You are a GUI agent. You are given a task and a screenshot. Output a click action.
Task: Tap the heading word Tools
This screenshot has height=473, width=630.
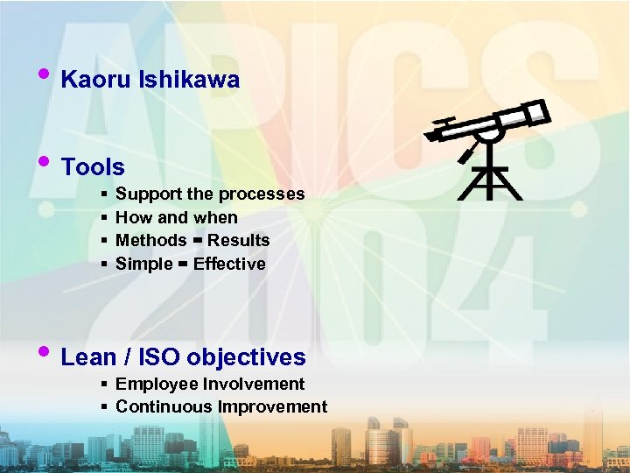click(93, 166)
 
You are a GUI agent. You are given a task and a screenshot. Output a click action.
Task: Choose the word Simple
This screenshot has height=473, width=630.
click(143, 265)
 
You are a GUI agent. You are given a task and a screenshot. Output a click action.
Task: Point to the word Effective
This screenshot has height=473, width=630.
click(229, 264)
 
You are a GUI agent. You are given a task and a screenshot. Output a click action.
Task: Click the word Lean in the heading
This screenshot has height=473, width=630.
click(88, 357)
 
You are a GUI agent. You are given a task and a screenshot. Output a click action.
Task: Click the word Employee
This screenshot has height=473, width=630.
click(153, 385)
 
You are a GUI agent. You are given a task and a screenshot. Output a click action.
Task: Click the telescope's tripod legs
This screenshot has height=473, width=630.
click(491, 180)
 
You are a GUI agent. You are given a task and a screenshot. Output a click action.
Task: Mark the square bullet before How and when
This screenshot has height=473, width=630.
click(104, 217)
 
